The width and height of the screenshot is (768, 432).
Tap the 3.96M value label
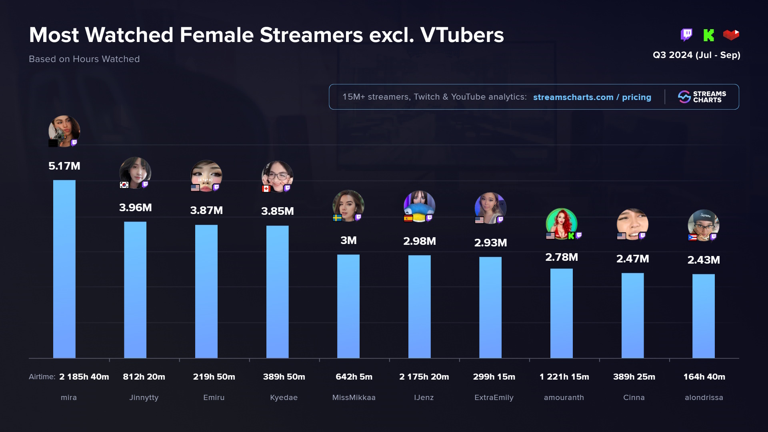[135, 208]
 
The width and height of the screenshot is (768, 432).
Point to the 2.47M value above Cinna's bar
[632, 259]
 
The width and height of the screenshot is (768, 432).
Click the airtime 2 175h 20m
[424, 377]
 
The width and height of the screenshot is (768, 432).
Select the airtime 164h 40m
[704, 377]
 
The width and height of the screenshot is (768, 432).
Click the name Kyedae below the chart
[284, 398]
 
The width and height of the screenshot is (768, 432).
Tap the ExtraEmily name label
[494, 398]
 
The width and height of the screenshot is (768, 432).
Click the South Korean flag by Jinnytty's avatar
[124, 185]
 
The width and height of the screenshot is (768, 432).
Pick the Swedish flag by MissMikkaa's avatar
[337, 218]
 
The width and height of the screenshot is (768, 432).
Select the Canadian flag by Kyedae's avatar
[266, 188]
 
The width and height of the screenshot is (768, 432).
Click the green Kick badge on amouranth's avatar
[571, 236]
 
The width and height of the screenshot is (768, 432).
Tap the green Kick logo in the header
[708, 35]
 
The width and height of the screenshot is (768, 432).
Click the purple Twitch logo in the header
[686, 35]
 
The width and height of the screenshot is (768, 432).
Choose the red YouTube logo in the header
[731, 35]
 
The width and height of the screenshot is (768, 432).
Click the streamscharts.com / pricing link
[592, 97]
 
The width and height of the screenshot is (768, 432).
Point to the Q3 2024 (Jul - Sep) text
[696, 55]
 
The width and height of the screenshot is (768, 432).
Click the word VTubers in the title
[462, 35]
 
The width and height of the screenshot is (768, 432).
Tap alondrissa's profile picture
[704, 225]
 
